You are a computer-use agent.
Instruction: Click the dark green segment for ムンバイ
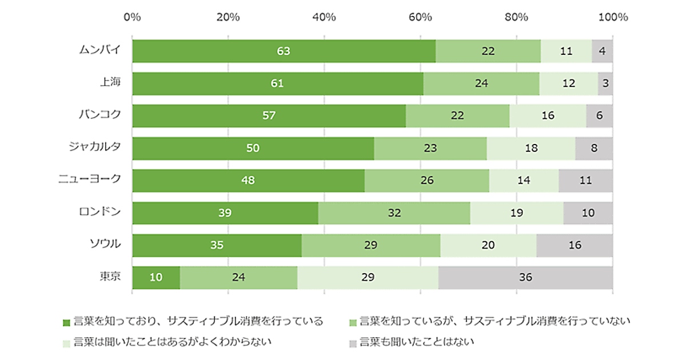point(284,51)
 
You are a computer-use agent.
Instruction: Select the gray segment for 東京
point(525,277)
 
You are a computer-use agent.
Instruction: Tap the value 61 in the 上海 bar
point(277,83)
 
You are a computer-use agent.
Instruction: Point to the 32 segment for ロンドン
point(394,213)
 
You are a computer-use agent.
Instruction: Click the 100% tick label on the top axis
point(612,17)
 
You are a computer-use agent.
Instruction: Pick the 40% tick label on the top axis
point(324,17)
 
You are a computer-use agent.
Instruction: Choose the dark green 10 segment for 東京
point(156,277)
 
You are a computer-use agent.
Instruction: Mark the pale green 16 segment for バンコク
point(548,115)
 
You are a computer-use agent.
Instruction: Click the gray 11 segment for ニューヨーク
point(585,181)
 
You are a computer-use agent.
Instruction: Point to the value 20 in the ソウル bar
point(488,245)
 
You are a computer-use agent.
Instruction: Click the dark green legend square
point(66,322)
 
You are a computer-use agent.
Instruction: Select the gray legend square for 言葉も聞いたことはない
point(352,343)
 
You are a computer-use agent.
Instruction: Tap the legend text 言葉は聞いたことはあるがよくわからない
point(171,342)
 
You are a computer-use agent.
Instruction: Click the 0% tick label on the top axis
point(132,17)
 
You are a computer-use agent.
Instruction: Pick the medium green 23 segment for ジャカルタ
point(430,148)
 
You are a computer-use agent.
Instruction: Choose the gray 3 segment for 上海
point(605,83)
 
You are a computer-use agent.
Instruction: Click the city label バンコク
point(99,114)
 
